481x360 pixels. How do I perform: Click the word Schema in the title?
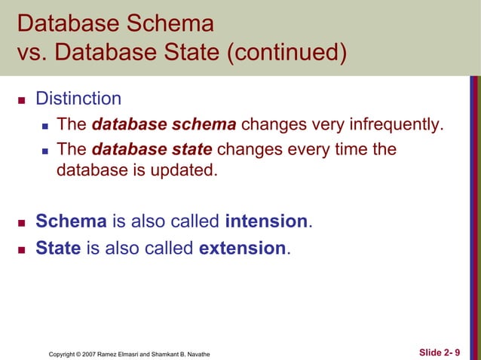click(170, 23)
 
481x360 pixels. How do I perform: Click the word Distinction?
click(78, 99)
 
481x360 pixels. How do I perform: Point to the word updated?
click(187, 171)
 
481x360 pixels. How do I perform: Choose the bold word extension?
click(243, 248)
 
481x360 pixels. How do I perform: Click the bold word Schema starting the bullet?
click(72, 221)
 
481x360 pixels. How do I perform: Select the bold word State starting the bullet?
click(58, 248)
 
